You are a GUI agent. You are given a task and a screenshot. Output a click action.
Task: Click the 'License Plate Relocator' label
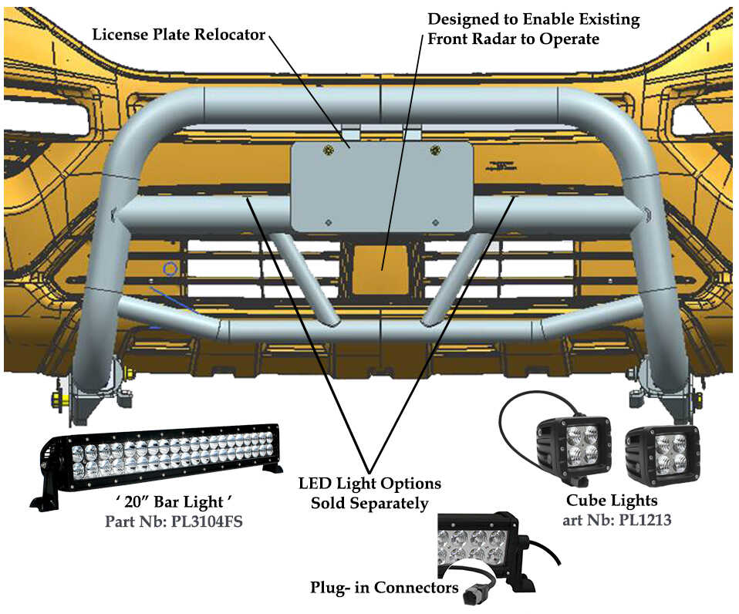[178, 35]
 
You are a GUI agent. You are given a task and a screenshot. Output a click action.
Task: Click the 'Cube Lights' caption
[612, 501]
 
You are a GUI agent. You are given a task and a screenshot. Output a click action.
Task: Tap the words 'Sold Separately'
[369, 504]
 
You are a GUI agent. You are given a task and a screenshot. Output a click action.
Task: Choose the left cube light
[575, 447]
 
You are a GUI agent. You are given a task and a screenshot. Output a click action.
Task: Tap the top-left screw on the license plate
[329, 148]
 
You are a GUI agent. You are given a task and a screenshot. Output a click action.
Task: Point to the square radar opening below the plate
[383, 266]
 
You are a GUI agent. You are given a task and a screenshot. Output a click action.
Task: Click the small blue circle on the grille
[170, 269]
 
